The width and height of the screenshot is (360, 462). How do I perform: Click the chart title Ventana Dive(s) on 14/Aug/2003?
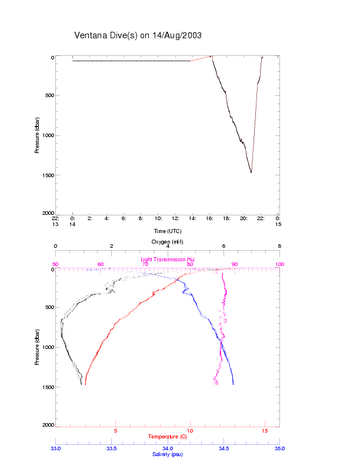click(138, 35)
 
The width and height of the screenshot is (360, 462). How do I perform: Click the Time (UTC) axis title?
click(168, 231)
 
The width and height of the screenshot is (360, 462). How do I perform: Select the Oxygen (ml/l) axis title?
click(168, 242)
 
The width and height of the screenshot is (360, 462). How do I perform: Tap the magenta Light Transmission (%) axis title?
click(168, 260)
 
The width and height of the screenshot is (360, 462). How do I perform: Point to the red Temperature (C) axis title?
click(168, 436)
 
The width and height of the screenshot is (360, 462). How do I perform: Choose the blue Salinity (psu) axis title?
click(168, 454)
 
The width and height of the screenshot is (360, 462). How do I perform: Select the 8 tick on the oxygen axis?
click(279, 246)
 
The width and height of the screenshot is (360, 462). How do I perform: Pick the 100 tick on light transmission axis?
click(279, 264)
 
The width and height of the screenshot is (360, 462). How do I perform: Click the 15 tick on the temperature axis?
click(265, 431)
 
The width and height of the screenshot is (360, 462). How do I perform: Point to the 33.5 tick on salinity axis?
click(111, 448)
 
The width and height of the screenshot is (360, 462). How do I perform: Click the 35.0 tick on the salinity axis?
click(279, 448)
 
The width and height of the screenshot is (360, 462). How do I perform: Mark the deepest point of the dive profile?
click(251, 172)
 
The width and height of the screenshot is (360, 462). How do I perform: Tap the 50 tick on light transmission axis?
click(55, 264)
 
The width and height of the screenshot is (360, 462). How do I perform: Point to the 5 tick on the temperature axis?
click(115, 431)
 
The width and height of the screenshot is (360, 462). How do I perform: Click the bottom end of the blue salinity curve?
click(234, 384)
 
